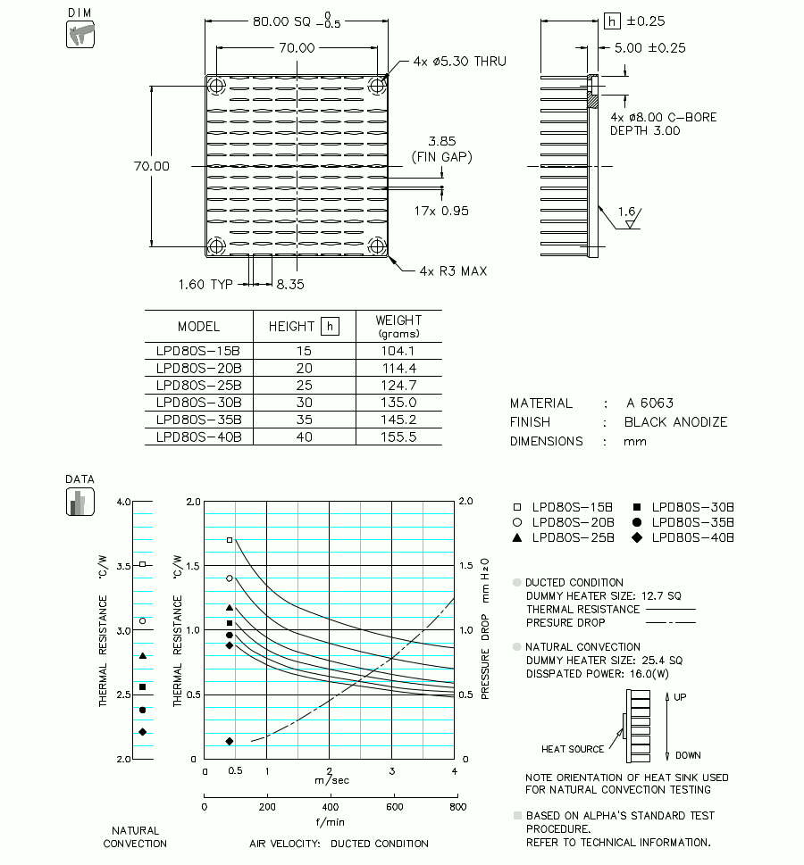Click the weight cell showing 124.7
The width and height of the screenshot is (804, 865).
point(398,385)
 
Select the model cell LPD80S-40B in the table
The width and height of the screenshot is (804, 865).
point(198,437)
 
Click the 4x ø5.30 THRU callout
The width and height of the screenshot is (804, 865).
point(459,62)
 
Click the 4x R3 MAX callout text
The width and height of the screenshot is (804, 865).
point(453,270)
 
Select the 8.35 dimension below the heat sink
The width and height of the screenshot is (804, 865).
point(291,284)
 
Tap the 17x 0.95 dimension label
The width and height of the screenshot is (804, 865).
point(441,211)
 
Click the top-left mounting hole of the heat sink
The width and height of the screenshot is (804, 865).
point(217,86)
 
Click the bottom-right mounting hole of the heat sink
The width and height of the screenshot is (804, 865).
point(377,246)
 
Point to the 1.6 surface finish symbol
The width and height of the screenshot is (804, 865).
point(628,212)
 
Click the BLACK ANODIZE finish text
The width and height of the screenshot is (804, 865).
point(675,422)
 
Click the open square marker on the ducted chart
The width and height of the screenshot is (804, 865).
point(230,540)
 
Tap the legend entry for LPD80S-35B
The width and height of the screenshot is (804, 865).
point(692,522)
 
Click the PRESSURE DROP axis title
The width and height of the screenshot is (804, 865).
point(486,628)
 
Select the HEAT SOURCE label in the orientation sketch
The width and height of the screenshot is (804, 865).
point(573,749)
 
